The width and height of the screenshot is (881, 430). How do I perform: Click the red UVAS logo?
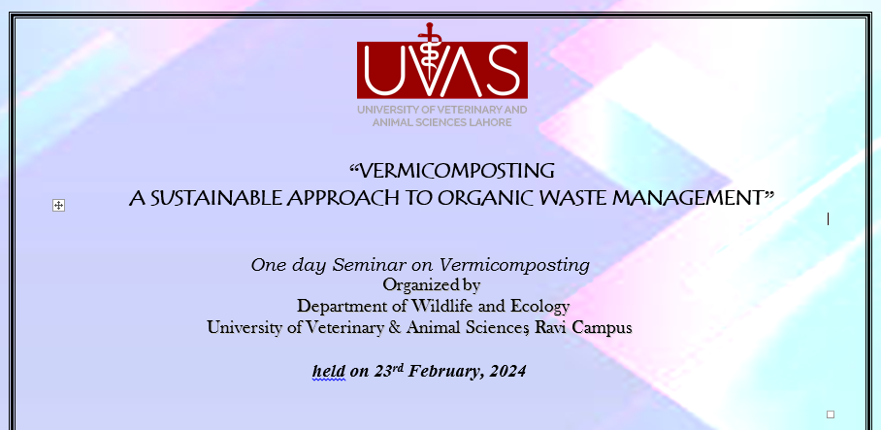click(442, 63)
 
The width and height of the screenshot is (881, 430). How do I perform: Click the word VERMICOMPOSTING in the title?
click(456, 170)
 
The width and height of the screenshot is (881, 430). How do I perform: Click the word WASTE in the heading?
click(571, 198)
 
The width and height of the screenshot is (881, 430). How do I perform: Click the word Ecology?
click(539, 307)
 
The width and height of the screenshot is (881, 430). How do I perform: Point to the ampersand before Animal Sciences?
click(395, 327)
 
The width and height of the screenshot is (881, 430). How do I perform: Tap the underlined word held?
click(329, 371)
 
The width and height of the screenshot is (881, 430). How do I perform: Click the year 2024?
click(507, 371)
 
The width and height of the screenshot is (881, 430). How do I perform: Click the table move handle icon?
click(58, 205)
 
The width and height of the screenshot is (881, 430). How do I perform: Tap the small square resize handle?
click(831, 414)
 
